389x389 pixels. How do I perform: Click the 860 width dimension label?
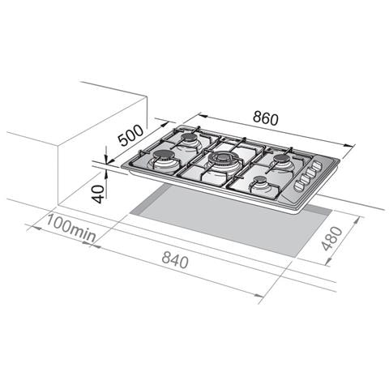[x=266, y=118]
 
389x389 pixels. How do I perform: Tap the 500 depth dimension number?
[x=131, y=135]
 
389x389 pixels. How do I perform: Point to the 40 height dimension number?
[x=98, y=194]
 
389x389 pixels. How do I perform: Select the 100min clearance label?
[x=71, y=229]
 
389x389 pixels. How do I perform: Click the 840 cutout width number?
[x=175, y=262]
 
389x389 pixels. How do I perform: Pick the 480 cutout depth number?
[x=332, y=238]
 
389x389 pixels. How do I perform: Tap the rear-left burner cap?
[x=189, y=138]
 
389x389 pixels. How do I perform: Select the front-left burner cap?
[x=165, y=156]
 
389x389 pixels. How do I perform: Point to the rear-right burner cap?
[x=280, y=159]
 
